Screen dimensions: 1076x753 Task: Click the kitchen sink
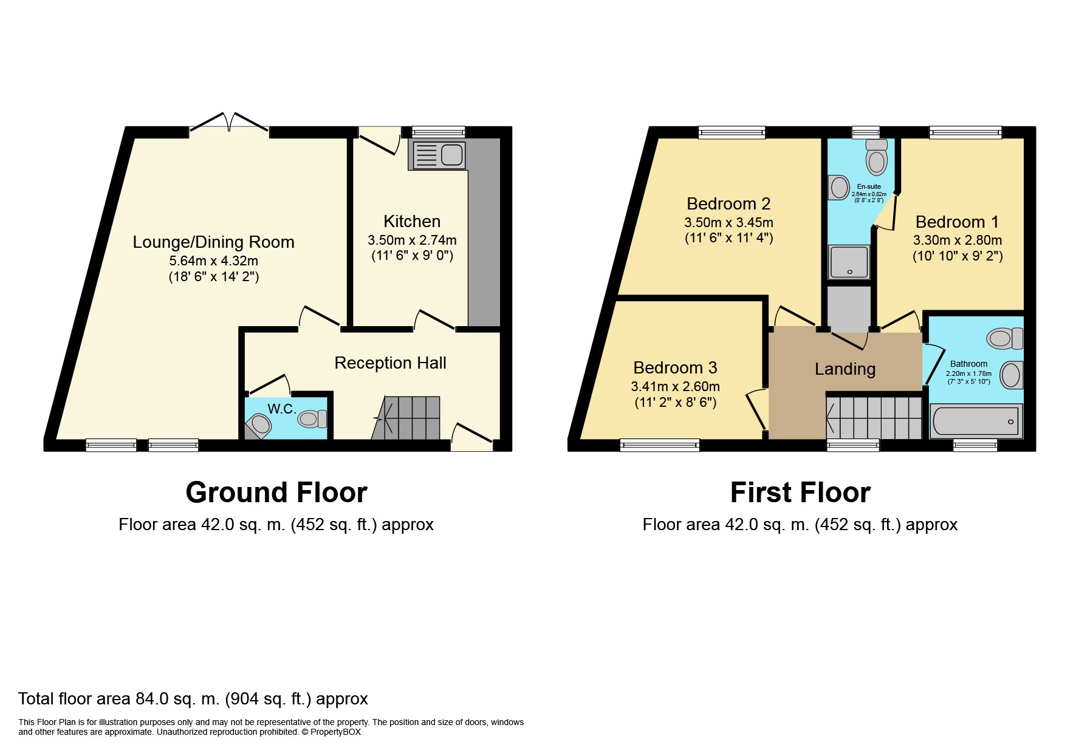(439, 155)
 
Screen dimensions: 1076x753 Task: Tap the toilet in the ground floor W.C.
(313, 418)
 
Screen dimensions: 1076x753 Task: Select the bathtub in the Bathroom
(976, 421)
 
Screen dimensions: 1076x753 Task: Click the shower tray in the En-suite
(849, 262)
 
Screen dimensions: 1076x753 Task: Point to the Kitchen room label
(412, 222)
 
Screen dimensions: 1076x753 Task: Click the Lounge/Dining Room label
(214, 242)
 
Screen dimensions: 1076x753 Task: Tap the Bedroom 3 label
(675, 368)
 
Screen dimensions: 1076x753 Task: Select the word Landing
(845, 369)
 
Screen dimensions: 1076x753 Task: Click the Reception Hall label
(390, 363)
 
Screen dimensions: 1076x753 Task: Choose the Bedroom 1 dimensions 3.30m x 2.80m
(958, 240)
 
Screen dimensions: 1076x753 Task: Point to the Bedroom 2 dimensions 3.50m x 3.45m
(728, 222)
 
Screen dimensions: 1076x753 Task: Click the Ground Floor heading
(276, 492)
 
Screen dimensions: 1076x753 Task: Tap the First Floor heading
(800, 492)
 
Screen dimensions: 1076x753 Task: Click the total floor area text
(193, 699)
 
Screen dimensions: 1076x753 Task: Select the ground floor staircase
(406, 418)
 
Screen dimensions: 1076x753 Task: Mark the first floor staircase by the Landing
(874, 418)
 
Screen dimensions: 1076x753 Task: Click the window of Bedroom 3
(660, 445)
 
